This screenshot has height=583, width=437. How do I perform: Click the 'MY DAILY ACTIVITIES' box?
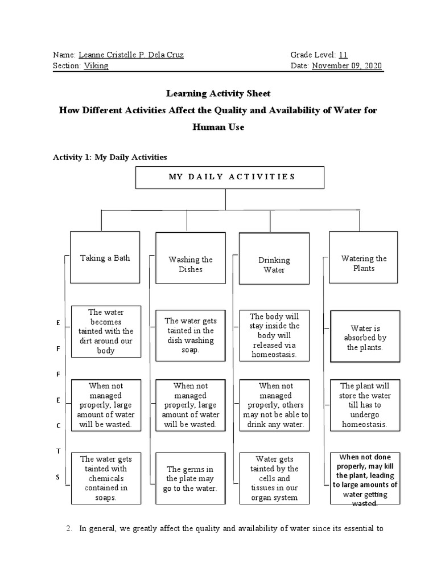click(229, 177)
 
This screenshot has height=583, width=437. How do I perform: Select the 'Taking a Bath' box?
click(105, 257)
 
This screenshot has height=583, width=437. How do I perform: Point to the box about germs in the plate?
click(191, 478)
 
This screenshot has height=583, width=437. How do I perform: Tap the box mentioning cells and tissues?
click(274, 478)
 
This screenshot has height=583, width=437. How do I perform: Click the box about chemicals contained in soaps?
click(105, 478)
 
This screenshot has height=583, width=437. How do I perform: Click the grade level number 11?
click(343, 55)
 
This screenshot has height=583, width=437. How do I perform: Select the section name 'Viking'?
click(96, 66)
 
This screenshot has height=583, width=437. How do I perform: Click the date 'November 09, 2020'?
click(347, 66)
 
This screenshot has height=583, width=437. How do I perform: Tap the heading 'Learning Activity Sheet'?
click(218, 93)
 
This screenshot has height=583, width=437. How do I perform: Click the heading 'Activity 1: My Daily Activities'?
click(110, 156)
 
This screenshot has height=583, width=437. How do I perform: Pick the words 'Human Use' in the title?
click(218, 127)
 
